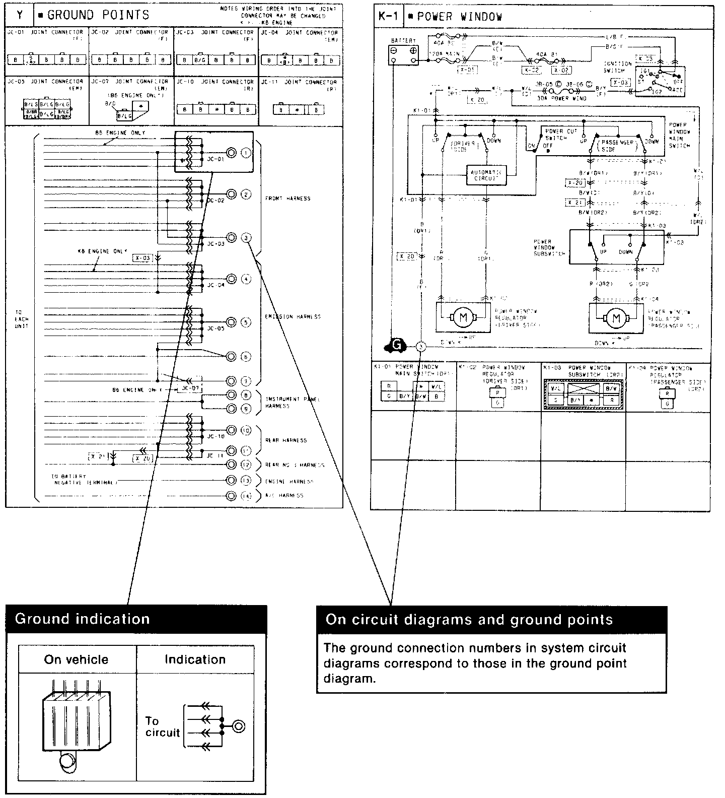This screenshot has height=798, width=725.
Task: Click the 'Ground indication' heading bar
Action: [x=136, y=619]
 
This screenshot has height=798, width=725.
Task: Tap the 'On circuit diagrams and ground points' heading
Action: [x=491, y=620]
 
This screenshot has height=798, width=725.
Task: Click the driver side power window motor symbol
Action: [x=463, y=318]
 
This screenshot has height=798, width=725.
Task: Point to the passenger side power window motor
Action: [x=615, y=318]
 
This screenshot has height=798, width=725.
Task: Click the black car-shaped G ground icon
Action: [x=396, y=345]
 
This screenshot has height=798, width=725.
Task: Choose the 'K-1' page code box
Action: [x=388, y=17]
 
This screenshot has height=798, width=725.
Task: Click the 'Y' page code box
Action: [x=20, y=15]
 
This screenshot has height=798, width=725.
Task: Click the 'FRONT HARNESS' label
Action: [x=287, y=198]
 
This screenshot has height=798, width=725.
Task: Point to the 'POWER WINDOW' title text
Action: [x=460, y=17]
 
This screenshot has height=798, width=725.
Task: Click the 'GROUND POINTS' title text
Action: [x=98, y=15]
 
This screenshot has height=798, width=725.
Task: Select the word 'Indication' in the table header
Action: [x=195, y=659]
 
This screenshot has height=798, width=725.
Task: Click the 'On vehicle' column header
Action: [x=76, y=659]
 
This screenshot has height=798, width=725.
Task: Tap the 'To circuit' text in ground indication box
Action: [x=162, y=726]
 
